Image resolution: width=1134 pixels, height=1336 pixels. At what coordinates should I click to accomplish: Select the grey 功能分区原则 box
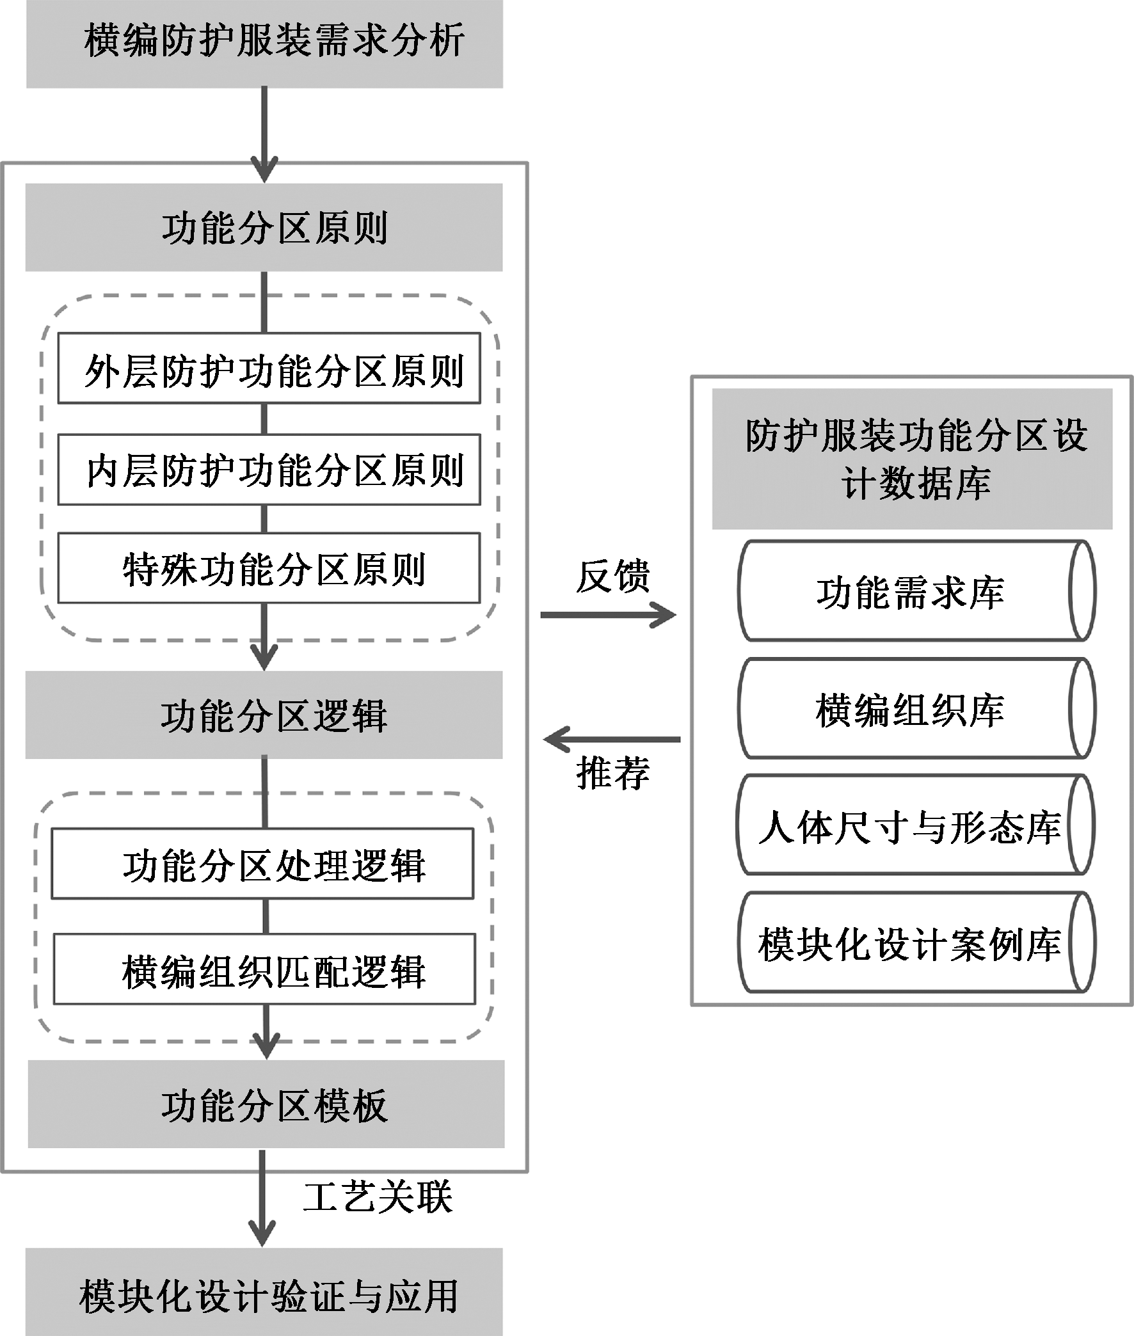click(264, 228)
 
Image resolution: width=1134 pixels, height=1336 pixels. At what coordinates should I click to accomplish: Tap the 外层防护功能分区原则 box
click(269, 368)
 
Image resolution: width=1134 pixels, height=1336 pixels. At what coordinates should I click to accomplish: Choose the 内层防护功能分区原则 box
click(269, 470)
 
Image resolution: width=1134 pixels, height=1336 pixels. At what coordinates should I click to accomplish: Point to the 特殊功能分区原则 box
click(269, 568)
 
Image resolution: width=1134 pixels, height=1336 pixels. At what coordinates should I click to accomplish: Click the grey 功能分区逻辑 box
click(264, 715)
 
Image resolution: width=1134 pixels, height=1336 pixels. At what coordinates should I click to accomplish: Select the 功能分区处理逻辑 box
click(263, 864)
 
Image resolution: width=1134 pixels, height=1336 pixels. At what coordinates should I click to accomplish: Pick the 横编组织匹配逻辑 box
click(264, 969)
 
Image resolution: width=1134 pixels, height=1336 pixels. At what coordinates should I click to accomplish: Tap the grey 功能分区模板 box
click(266, 1104)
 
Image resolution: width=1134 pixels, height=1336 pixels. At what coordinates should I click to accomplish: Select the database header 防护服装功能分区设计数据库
click(912, 459)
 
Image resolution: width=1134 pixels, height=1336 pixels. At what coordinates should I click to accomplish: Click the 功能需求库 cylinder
click(915, 591)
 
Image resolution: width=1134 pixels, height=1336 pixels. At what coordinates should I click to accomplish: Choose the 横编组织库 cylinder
click(915, 709)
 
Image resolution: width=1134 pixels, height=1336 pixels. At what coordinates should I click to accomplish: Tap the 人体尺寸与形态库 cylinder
click(914, 826)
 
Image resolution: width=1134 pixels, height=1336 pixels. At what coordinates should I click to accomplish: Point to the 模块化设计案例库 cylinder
click(915, 942)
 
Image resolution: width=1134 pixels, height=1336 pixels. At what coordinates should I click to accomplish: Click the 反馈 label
click(612, 575)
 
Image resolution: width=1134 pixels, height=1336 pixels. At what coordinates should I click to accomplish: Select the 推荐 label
click(612, 772)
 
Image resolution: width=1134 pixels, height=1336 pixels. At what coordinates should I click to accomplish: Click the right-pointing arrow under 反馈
click(607, 615)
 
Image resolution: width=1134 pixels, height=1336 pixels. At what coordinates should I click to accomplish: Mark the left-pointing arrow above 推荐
click(612, 739)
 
